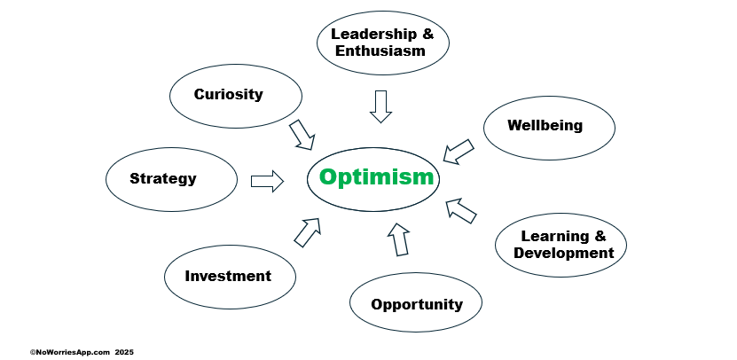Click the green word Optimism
tap(376, 177)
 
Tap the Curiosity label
tap(229, 95)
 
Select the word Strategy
tap(163, 178)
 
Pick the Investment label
tap(228, 276)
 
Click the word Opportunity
tap(417, 304)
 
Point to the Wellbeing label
tap(545, 126)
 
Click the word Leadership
tap(373, 34)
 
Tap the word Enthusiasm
tap(380, 51)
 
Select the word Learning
tap(554, 237)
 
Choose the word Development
tap(563, 253)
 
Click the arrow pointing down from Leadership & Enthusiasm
tap(380, 106)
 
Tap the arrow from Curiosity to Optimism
tap(302, 136)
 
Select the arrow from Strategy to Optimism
tap(267, 181)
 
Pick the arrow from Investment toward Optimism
tap(308, 232)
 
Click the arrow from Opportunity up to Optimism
tap(398, 239)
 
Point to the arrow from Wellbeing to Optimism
tap(459, 152)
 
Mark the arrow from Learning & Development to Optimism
tap(460, 210)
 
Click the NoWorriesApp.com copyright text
tap(70, 352)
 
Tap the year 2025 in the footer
tap(124, 352)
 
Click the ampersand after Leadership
tap(427, 34)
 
